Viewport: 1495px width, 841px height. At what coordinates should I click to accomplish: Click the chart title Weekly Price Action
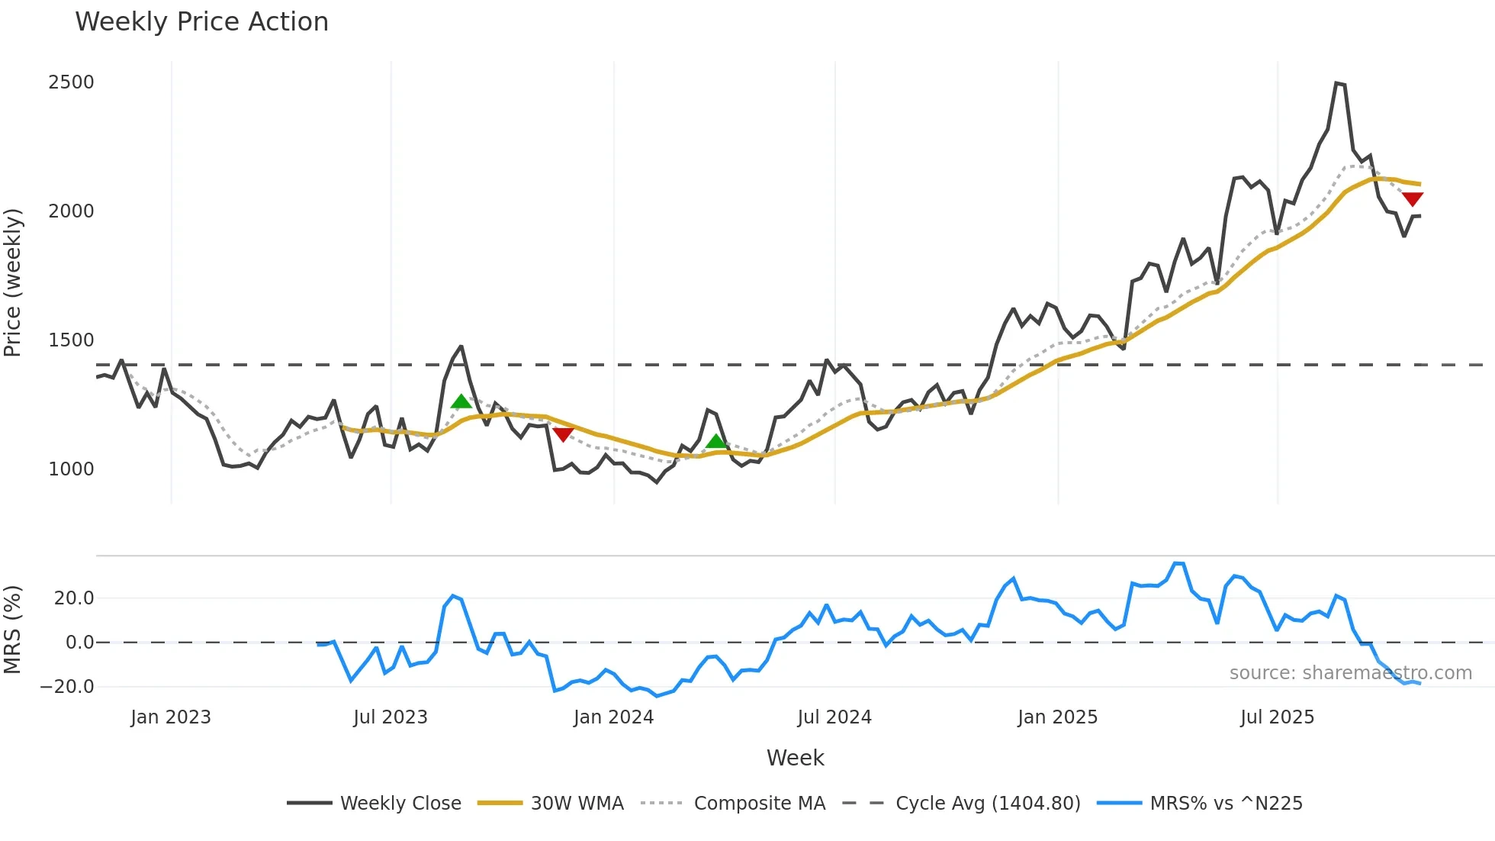[201, 22]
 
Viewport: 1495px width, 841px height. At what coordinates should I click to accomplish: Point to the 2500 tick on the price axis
[71, 82]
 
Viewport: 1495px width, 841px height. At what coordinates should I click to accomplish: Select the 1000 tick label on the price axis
[71, 469]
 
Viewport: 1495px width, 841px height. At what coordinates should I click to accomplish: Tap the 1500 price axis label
[71, 340]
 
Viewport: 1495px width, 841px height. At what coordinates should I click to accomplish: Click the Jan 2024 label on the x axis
[613, 717]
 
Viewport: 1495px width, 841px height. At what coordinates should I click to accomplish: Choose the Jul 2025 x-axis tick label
[1277, 717]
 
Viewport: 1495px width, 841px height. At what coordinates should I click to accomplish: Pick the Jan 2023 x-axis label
[170, 717]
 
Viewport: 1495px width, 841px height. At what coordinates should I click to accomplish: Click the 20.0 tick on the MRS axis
[74, 598]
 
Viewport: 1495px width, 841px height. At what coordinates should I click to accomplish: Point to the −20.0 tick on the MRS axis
[67, 687]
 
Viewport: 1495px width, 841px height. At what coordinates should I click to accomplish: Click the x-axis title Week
[795, 758]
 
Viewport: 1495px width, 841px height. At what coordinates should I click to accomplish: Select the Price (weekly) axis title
[13, 282]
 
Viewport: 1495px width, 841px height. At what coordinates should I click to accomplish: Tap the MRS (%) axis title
[13, 630]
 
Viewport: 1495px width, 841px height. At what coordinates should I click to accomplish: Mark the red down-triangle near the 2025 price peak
[1413, 199]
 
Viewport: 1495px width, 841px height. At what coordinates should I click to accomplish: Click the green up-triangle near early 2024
[715, 441]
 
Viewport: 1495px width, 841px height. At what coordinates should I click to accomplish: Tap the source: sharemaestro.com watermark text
[1350, 673]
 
